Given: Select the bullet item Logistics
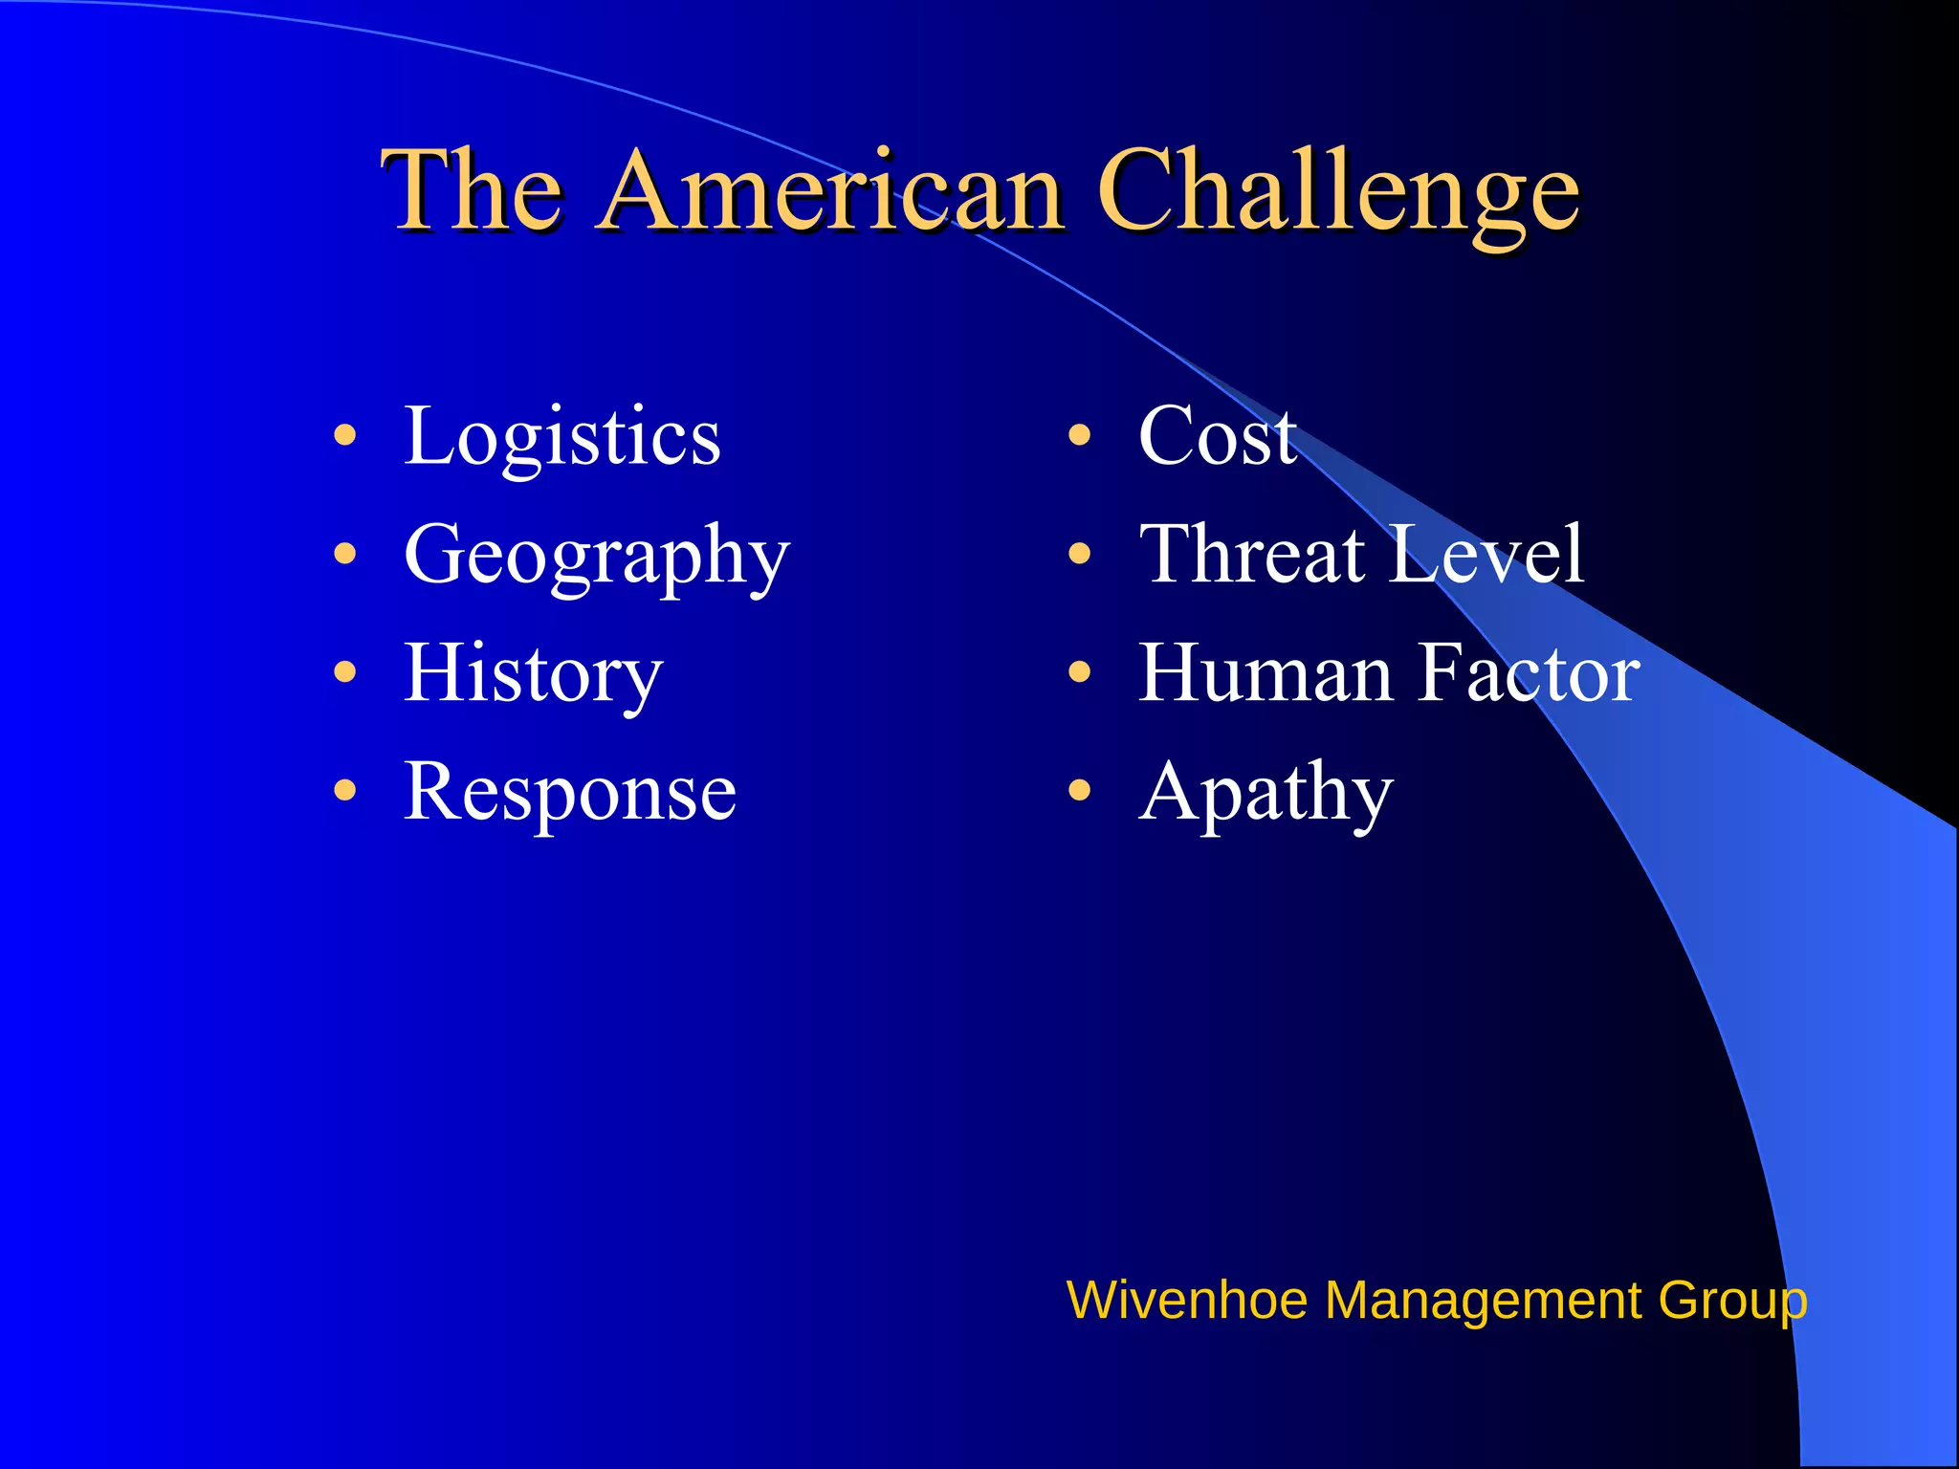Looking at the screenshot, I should pos(561,437).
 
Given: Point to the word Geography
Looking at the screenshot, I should pos(597,558).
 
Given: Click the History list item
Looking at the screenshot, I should pos(533,674).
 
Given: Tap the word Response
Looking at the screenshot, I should pos(570,793).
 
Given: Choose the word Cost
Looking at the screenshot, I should pos(1217,437).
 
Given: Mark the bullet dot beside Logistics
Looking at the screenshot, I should pos(345,437).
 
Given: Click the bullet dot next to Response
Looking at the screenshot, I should pos(345,791).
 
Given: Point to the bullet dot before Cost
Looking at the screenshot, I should pos(1079,437).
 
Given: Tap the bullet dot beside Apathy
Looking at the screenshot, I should pos(1079,791).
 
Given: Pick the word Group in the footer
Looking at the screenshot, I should pos(1732,1303).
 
